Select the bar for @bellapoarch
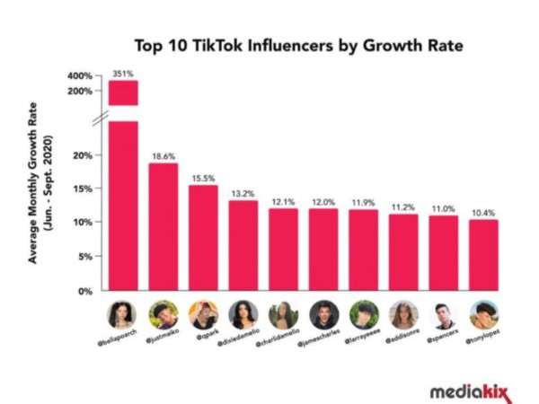123,206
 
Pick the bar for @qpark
203,237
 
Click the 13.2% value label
243,192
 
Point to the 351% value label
123,73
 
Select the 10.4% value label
483,212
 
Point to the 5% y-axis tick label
84,257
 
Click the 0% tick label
84,292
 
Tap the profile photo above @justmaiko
163,313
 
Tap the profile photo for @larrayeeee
363,313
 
